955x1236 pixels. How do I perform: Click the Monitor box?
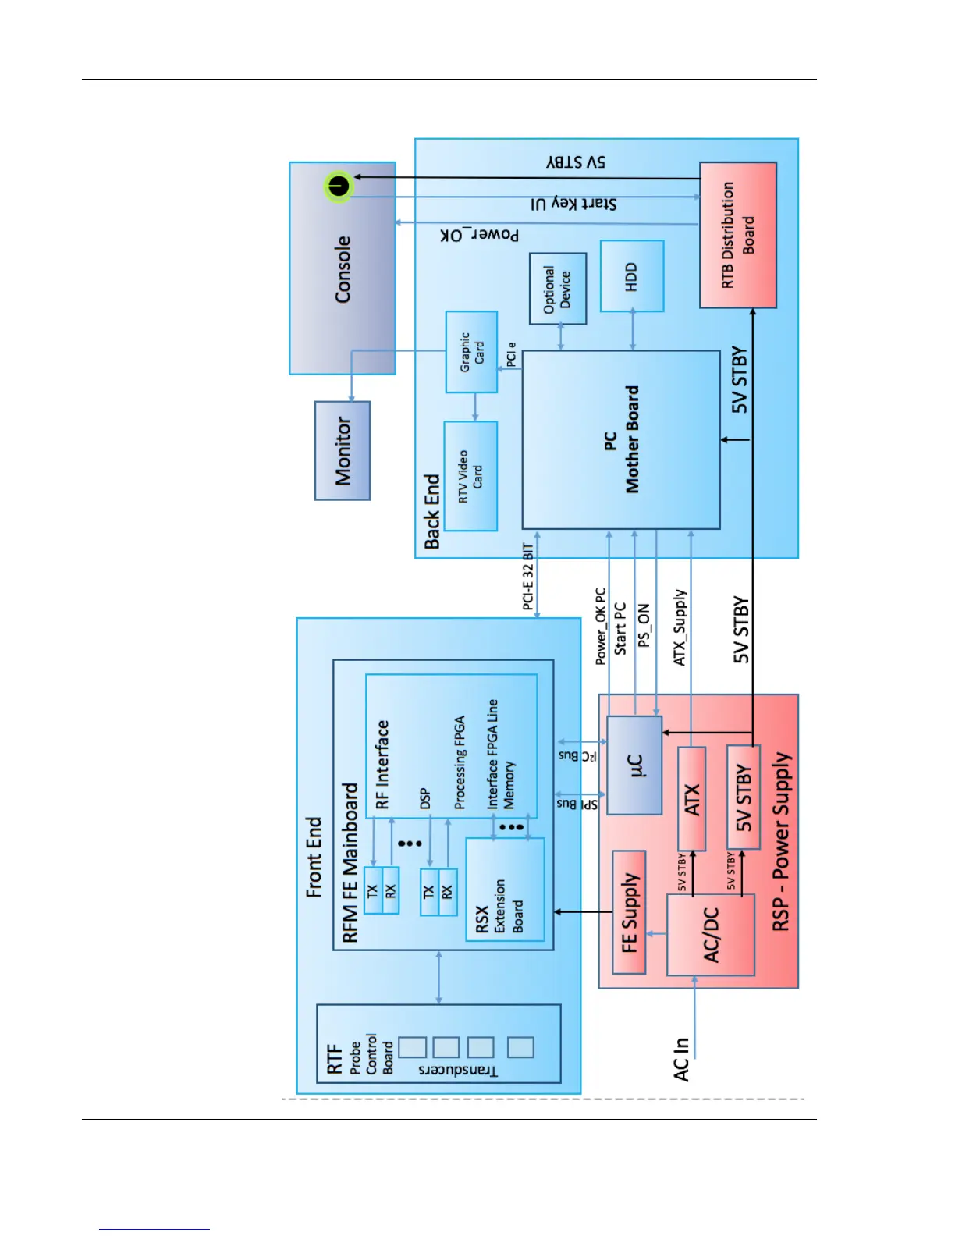point(343,450)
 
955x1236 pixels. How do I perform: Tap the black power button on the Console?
point(338,186)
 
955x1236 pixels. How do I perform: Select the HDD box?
point(632,276)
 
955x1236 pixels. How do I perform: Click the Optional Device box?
point(558,289)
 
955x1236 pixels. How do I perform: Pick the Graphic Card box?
point(471,352)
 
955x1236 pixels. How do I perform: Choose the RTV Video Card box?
point(470,476)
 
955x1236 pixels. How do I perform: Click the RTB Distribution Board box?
point(737,235)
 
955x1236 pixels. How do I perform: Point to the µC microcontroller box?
point(634,765)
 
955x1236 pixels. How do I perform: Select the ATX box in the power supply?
point(692,799)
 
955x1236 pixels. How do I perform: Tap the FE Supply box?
point(629,912)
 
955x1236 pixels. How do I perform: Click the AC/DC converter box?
point(710,935)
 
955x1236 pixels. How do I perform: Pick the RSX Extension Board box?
point(504,890)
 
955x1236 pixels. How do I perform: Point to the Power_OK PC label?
point(601,627)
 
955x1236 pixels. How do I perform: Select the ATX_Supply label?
point(680,627)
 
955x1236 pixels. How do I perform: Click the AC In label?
point(681,1058)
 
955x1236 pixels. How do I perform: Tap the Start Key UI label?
point(573,204)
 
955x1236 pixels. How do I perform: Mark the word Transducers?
point(458,1070)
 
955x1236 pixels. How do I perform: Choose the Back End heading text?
point(432,511)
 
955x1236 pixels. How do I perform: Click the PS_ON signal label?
point(644,626)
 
